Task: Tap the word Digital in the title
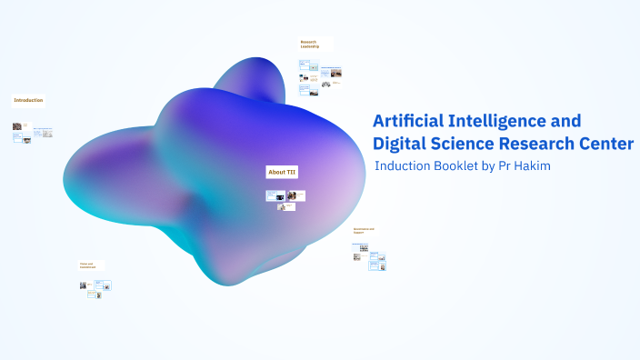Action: tap(402, 144)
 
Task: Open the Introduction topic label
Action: tap(27, 100)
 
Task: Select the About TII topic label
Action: tap(281, 172)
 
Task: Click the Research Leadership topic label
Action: tap(311, 44)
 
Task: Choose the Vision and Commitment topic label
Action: tap(88, 265)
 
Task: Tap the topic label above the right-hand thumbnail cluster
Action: tap(364, 231)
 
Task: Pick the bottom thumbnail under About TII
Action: tap(287, 206)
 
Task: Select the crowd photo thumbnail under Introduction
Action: tap(17, 126)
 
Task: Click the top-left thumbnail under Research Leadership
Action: tap(304, 65)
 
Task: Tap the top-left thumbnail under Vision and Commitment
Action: tap(84, 285)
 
